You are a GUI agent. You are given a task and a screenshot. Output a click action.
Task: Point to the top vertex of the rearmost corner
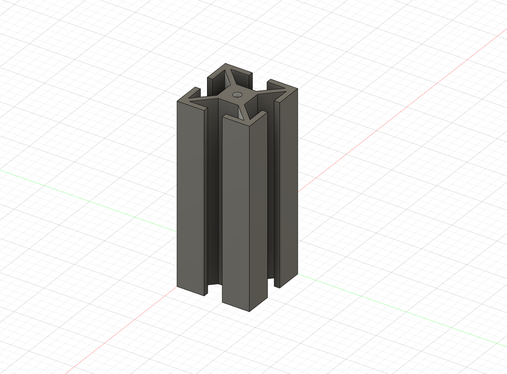pos(226,64)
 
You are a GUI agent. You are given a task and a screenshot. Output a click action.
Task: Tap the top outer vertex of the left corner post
pos(177,101)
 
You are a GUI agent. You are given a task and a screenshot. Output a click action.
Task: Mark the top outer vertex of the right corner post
pos(297,89)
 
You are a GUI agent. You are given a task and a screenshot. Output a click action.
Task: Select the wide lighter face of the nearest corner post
pos(235,212)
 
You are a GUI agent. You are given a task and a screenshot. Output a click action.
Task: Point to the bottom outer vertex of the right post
pos(297,273)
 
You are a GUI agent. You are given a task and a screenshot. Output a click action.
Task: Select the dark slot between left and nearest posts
pos(213,197)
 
